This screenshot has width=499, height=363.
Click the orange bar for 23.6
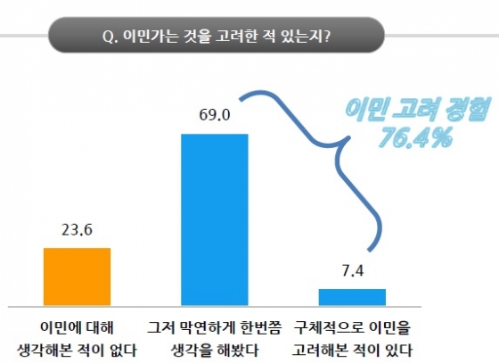click(77, 276)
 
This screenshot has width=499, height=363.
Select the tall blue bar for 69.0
click(214, 219)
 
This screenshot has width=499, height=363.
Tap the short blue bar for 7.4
click(352, 296)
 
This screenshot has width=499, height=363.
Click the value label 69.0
click(214, 115)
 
